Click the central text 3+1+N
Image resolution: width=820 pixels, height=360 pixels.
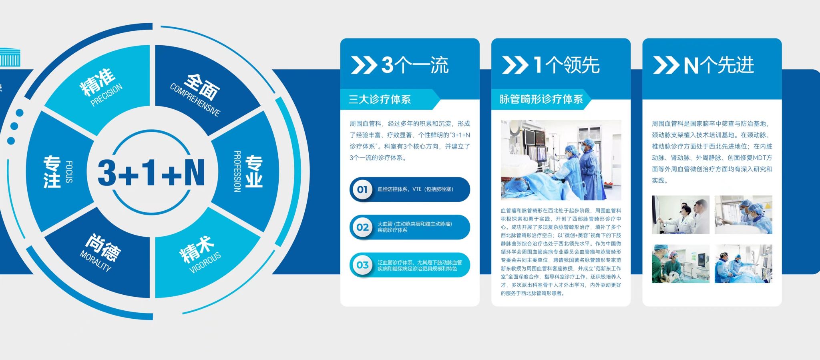[x=151, y=172]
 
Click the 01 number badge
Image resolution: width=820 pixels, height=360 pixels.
[x=362, y=189]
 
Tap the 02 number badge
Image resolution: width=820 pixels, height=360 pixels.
[x=362, y=227]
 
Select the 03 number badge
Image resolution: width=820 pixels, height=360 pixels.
[x=362, y=265]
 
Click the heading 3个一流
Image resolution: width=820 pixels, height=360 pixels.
[x=415, y=65]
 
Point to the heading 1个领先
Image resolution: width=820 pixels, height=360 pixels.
[x=566, y=65]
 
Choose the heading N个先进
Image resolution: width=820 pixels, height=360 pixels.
[x=719, y=65]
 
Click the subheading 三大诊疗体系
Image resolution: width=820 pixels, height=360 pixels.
[x=380, y=99]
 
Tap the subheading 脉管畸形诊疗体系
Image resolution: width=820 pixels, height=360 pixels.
[x=541, y=99]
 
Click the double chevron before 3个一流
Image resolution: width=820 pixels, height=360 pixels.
[x=364, y=65]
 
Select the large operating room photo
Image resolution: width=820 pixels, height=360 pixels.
[x=561, y=160]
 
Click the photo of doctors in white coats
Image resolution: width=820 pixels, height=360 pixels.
[x=680, y=215]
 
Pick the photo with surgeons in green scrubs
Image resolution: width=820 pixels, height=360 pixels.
[x=680, y=264]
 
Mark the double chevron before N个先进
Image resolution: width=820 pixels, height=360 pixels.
[x=666, y=65]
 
